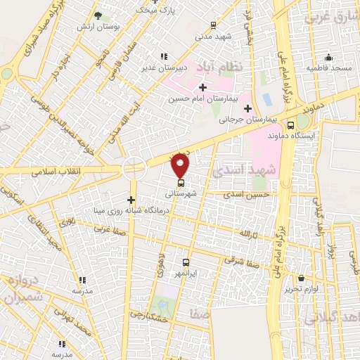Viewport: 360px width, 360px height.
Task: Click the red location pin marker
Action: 181,165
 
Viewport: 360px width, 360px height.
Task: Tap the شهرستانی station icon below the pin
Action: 181,183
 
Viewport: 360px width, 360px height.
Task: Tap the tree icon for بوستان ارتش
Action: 98,15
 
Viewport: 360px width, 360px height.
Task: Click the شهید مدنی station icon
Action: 213,25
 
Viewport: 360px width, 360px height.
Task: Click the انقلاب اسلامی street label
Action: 56,172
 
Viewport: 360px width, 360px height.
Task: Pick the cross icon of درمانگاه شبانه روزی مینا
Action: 131,200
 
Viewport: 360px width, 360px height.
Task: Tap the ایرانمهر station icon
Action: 186,261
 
